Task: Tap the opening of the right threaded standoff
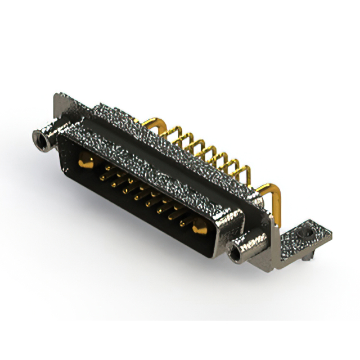click(235, 254)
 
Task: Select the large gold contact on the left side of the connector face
click(85, 163)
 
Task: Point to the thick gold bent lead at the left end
click(150, 121)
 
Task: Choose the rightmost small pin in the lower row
click(183, 223)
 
